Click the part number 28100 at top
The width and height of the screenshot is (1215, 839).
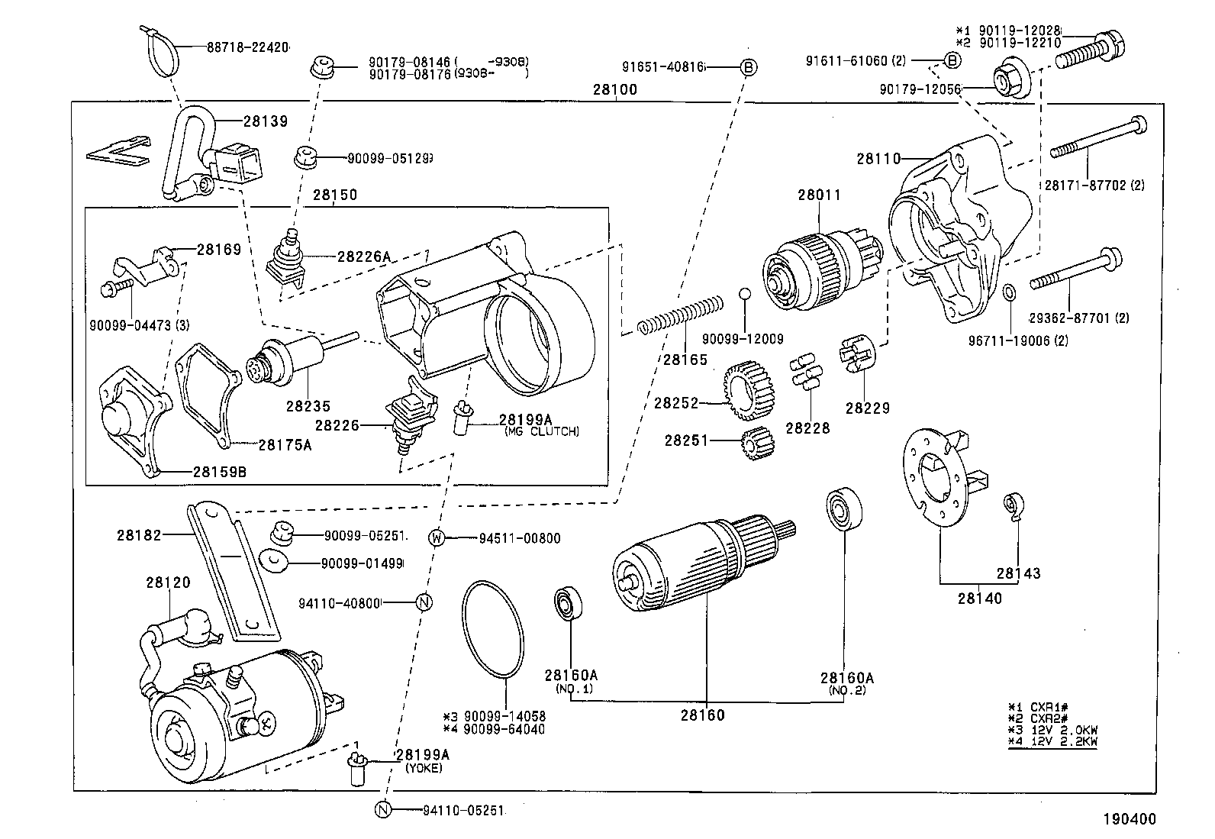tap(614, 89)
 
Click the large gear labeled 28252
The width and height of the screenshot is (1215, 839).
tap(744, 390)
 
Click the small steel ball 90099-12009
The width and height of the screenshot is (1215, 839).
tap(745, 295)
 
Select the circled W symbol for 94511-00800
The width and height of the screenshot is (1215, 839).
tap(437, 538)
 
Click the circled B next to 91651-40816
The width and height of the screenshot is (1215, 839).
tap(749, 67)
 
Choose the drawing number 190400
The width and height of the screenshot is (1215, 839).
tap(1128, 819)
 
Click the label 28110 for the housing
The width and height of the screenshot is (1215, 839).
tap(878, 159)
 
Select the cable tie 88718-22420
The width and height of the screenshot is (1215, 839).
tap(161, 53)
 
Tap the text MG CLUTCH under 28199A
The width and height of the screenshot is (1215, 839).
tap(541, 431)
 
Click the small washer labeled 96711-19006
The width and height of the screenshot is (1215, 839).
tap(1007, 292)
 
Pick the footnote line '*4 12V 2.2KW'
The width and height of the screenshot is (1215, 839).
tap(1052, 741)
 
